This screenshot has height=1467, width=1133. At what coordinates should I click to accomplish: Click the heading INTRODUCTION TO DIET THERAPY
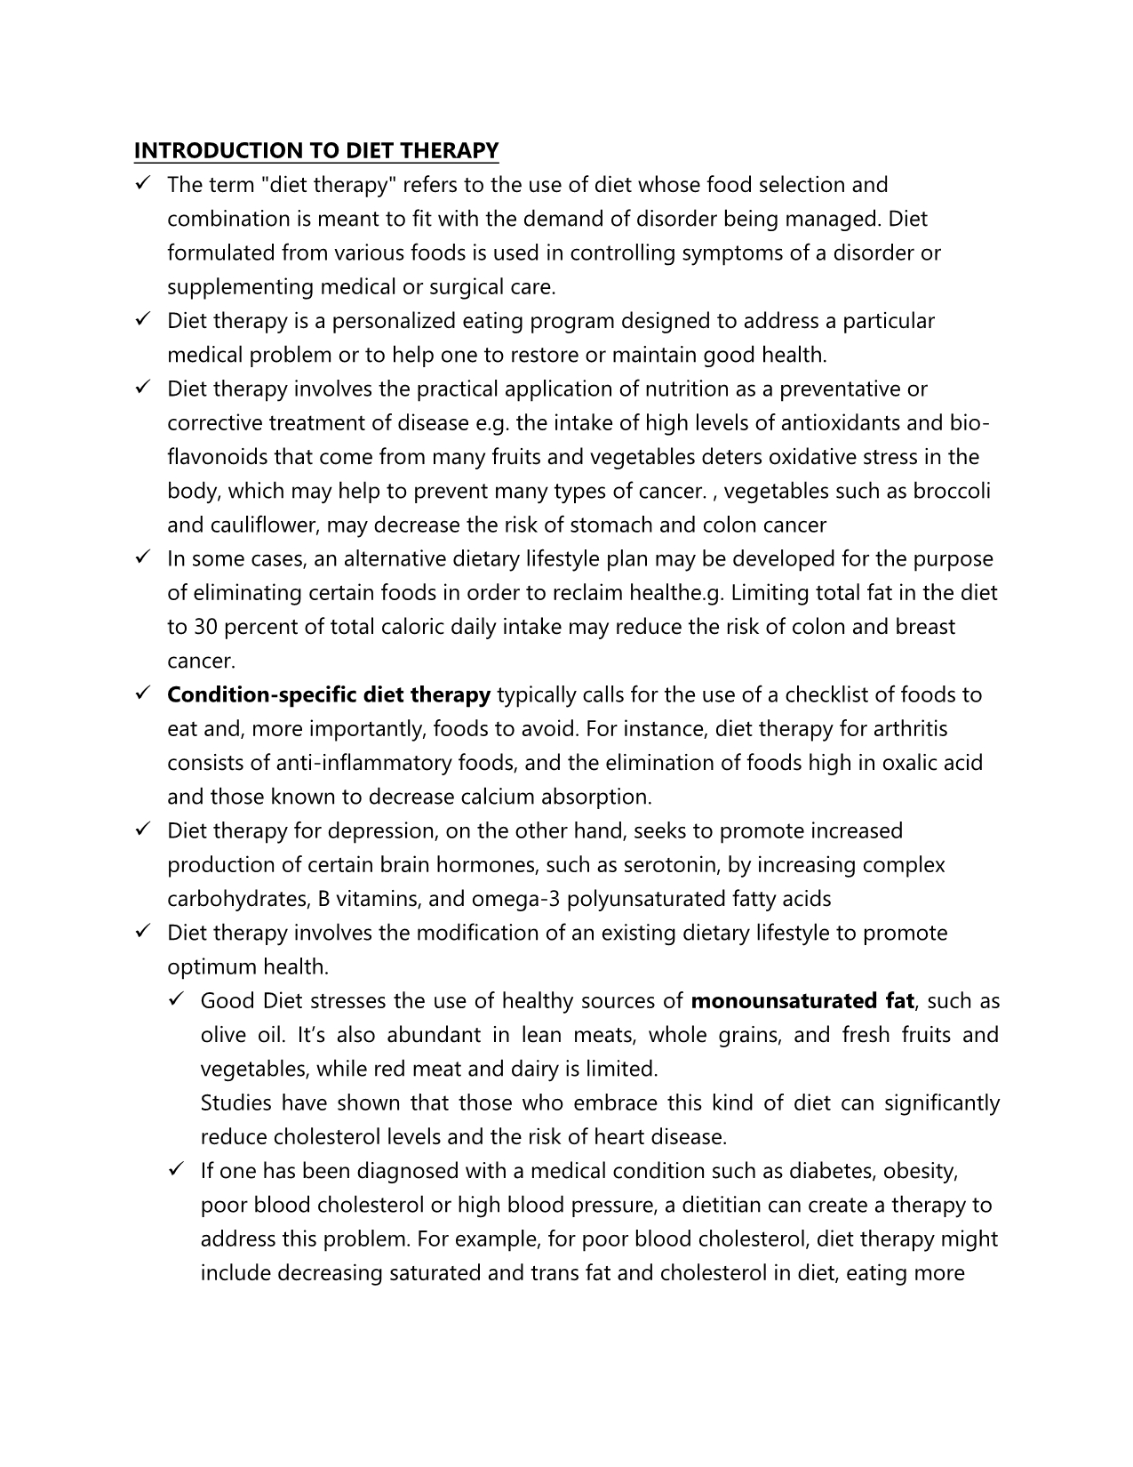(315, 150)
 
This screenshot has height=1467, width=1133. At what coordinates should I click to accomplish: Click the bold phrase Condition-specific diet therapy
(329, 694)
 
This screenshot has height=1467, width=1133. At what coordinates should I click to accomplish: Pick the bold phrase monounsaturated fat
(802, 1000)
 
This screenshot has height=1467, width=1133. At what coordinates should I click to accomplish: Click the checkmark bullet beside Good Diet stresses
(175, 1000)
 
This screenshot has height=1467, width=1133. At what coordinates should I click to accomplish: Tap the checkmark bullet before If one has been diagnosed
(175, 1171)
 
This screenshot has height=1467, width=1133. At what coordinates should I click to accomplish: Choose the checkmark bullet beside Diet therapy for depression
(142, 830)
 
